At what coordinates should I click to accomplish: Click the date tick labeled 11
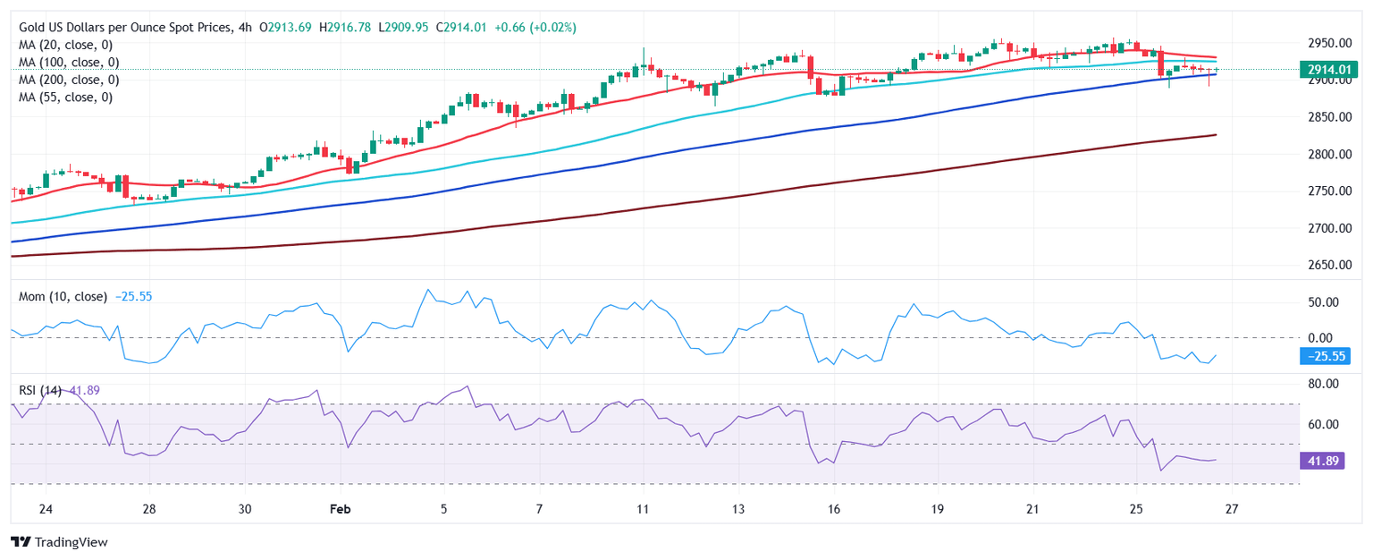point(642,509)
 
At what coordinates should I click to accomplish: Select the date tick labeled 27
point(1231,509)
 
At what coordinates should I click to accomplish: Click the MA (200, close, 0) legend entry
point(69,80)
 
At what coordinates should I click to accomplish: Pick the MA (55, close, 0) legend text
point(65,97)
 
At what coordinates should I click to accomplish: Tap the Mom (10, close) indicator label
point(63,296)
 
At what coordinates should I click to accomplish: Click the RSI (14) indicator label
point(40,390)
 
